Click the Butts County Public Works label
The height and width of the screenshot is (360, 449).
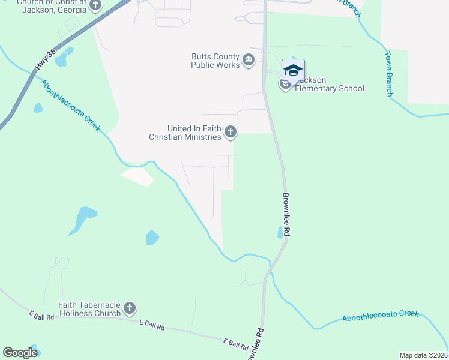click(x=215, y=61)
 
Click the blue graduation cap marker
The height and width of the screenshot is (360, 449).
click(x=293, y=71)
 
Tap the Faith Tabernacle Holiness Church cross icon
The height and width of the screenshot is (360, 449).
click(x=130, y=309)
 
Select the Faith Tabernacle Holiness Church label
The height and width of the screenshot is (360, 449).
click(x=89, y=309)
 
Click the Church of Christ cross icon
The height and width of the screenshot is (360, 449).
click(x=95, y=5)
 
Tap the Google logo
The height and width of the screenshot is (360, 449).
click(x=20, y=353)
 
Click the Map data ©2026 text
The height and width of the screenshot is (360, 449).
click(x=423, y=355)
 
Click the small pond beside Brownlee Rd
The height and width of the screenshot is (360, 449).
click(x=280, y=233)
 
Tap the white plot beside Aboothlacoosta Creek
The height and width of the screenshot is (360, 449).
click(x=137, y=176)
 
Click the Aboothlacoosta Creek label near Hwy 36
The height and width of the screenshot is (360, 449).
click(x=71, y=105)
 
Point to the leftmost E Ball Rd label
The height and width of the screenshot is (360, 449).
click(x=41, y=314)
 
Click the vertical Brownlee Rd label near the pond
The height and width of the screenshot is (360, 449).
click(x=286, y=214)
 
